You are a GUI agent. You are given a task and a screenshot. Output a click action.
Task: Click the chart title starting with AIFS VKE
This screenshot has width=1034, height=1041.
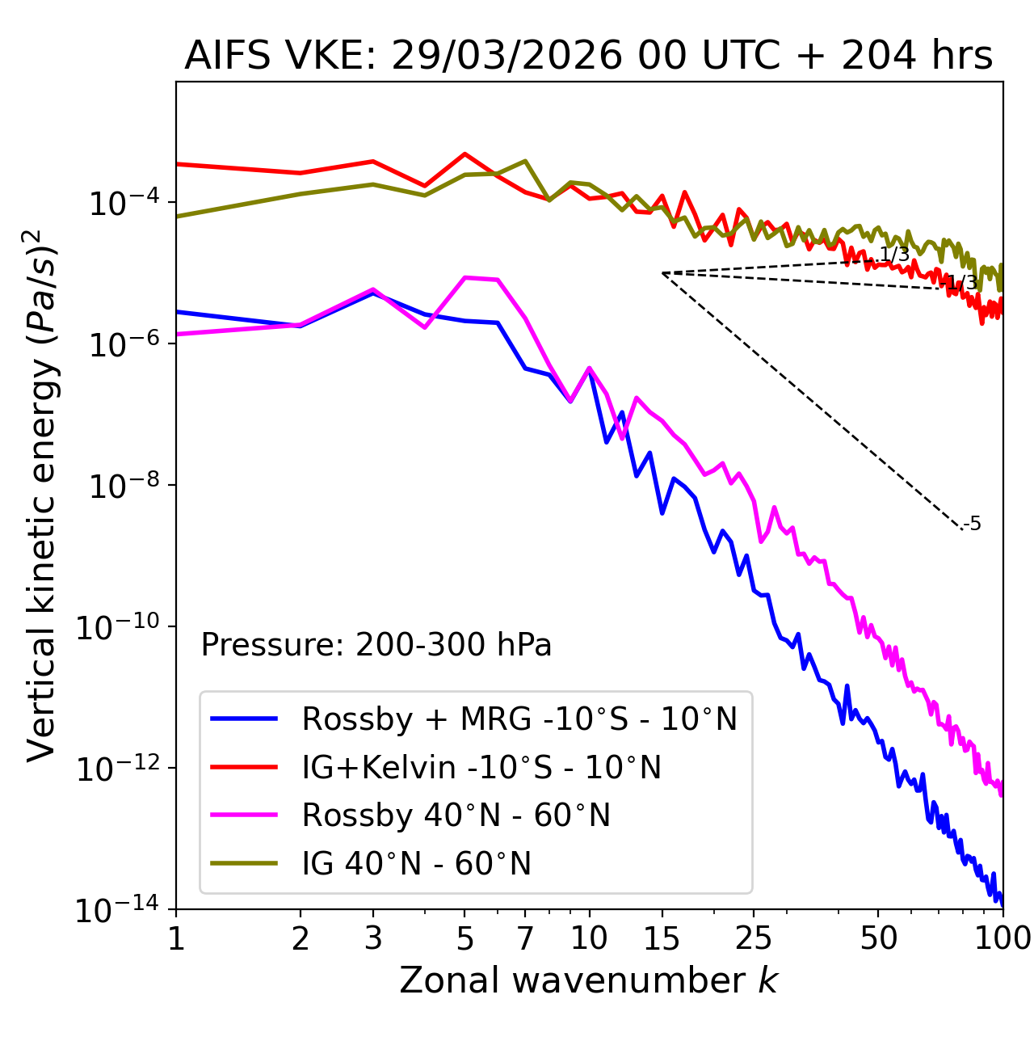coord(588,57)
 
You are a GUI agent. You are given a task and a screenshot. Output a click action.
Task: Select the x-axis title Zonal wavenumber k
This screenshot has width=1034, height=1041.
coord(588,980)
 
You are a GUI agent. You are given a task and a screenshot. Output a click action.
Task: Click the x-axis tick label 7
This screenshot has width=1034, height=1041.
coord(525,938)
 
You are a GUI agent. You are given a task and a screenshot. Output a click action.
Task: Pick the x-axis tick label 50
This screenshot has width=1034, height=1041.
coord(878,938)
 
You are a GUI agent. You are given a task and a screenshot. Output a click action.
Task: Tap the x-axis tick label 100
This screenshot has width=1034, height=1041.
coord(1002,938)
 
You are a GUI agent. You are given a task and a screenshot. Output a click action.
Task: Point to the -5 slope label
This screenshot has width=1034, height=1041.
coord(973,524)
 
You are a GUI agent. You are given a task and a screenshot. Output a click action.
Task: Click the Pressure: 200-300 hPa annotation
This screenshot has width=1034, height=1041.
coord(376,645)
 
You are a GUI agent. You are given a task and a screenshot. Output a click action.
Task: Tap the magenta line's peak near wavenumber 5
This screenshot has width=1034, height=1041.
coord(465,277)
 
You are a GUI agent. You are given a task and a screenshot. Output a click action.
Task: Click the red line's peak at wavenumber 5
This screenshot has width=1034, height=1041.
coord(464,154)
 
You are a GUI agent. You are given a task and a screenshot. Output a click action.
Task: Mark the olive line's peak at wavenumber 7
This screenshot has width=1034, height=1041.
coord(525,161)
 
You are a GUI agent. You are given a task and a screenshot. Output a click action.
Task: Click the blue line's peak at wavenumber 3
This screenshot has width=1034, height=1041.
coord(373,293)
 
